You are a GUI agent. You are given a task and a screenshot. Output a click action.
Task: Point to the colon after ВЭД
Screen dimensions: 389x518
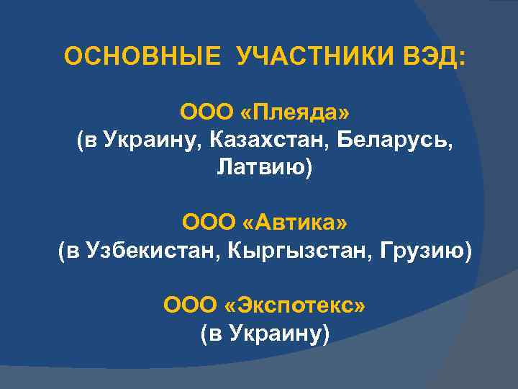[x=462, y=58]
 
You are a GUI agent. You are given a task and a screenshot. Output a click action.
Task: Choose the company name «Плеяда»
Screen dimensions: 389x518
[x=296, y=113]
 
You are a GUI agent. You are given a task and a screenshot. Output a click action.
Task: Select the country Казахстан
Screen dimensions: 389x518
[x=265, y=140]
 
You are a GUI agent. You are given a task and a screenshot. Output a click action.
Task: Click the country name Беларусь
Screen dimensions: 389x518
[x=393, y=140]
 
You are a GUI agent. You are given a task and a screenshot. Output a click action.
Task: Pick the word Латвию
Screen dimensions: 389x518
[x=261, y=168]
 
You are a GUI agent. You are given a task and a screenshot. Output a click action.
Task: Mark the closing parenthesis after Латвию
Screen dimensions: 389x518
[x=311, y=169]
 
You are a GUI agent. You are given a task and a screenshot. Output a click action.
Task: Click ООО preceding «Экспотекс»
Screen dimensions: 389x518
[x=191, y=305]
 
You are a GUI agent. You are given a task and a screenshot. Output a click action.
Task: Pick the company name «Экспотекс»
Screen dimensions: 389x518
[x=296, y=305]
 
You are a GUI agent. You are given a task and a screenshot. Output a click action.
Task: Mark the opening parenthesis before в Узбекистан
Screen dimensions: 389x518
[x=61, y=251]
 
